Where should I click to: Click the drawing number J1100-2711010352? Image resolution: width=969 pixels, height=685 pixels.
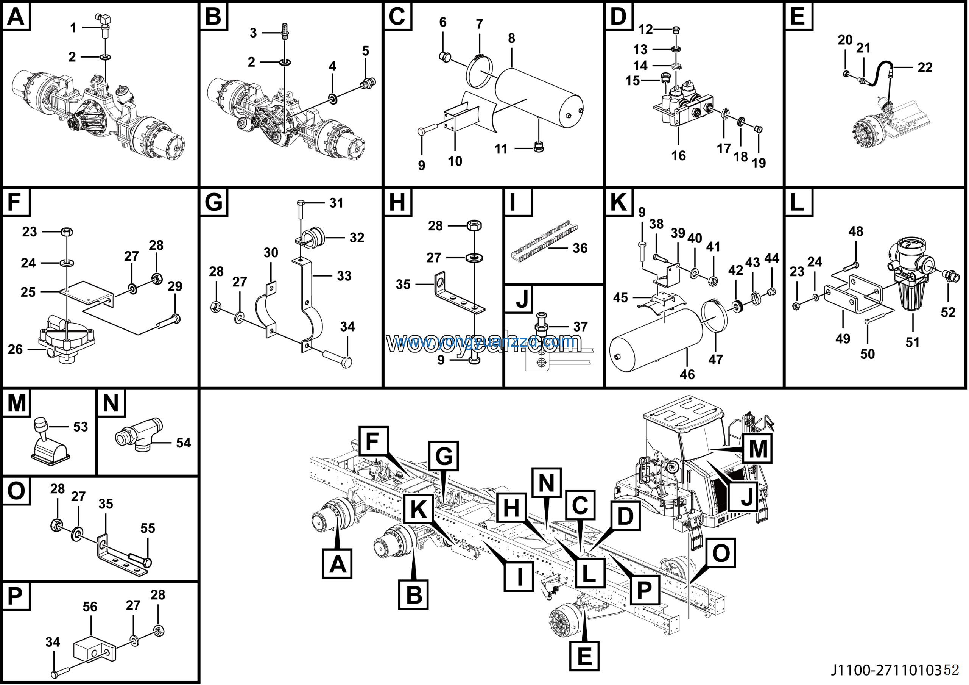[x=895, y=670]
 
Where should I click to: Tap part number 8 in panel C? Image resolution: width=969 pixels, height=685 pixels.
[x=511, y=38]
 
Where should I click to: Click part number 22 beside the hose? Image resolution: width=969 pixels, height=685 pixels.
[x=925, y=67]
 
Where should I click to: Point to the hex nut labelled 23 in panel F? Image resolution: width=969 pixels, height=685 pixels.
[x=67, y=232]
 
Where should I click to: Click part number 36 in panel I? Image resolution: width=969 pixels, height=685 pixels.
[x=580, y=248]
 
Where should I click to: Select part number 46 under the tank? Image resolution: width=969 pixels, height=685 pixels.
[x=687, y=374]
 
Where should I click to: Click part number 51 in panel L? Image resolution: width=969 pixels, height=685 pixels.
[x=913, y=342]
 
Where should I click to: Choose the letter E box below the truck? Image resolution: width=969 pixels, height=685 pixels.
[x=584, y=656]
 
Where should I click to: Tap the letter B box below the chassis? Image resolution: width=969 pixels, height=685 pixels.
[x=414, y=594]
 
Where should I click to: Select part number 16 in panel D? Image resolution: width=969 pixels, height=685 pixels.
[x=678, y=155]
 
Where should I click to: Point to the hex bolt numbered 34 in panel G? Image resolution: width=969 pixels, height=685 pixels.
[x=346, y=362]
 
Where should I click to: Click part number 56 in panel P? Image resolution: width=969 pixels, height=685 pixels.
[x=90, y=607]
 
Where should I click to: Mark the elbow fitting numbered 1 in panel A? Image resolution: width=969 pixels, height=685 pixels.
[x=103, y=19]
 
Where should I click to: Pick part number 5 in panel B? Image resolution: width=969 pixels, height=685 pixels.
[x=366, y=51]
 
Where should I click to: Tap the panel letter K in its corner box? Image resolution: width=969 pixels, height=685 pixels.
[x=619, y=202]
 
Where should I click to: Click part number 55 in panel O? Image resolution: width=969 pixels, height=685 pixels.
[x=148, y=528]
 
